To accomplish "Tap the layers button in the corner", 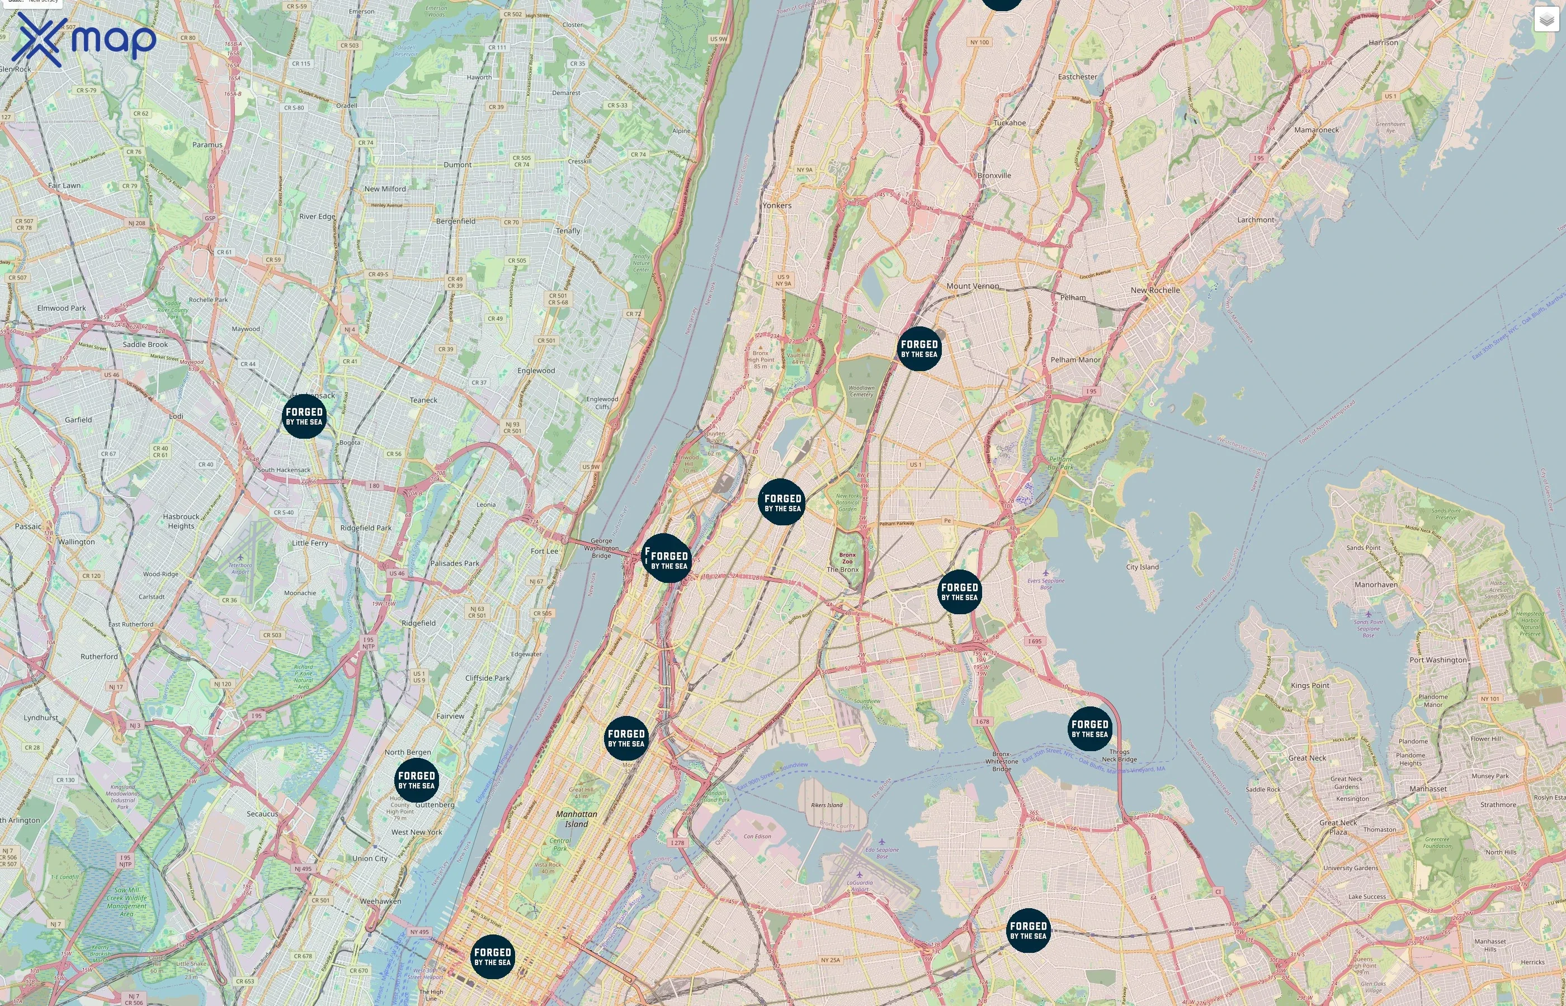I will tap(1546, 20).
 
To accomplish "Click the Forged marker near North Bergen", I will tap(416, 780).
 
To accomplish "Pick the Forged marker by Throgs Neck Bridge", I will tap(1089, 728).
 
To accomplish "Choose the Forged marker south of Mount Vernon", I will tap(919, 348).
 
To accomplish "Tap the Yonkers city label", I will tap(776, 205).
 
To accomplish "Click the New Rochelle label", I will tap(1155, 290).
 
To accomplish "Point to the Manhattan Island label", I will tap(576, 819).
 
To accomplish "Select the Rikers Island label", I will tap(827, 805).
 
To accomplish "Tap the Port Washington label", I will tap(1438, 660).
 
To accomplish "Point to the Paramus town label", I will tap(207, 144).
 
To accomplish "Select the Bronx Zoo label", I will tap(847, 558).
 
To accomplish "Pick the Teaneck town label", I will tap(423, 400).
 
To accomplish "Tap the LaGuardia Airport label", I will tap(860, 885).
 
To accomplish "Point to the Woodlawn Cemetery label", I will tap(861, 391).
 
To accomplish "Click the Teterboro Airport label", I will tap(240, 568).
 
